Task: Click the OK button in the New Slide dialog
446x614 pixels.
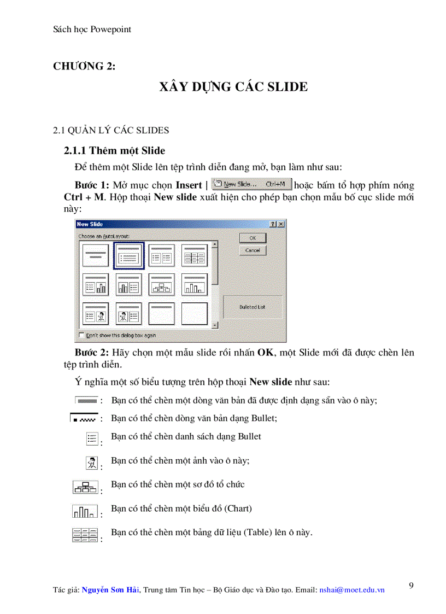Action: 253,238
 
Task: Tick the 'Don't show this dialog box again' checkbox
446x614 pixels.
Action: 82,335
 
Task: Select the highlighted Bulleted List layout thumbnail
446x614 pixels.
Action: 128,255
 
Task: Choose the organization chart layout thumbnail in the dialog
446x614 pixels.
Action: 161,284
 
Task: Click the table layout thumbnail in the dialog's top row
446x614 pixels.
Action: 194,255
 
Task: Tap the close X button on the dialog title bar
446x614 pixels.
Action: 281,224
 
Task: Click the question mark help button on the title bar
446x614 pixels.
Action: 273,224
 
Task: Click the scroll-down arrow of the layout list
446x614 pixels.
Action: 215,325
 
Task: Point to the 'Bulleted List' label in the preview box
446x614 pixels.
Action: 252,307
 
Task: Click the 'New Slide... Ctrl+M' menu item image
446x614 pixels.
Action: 251,185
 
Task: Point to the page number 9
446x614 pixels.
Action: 411,586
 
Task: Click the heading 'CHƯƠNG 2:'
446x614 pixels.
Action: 84,66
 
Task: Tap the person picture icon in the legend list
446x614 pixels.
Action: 91,463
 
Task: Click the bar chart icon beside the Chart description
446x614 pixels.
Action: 85,512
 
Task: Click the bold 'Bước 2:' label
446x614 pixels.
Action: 92,353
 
